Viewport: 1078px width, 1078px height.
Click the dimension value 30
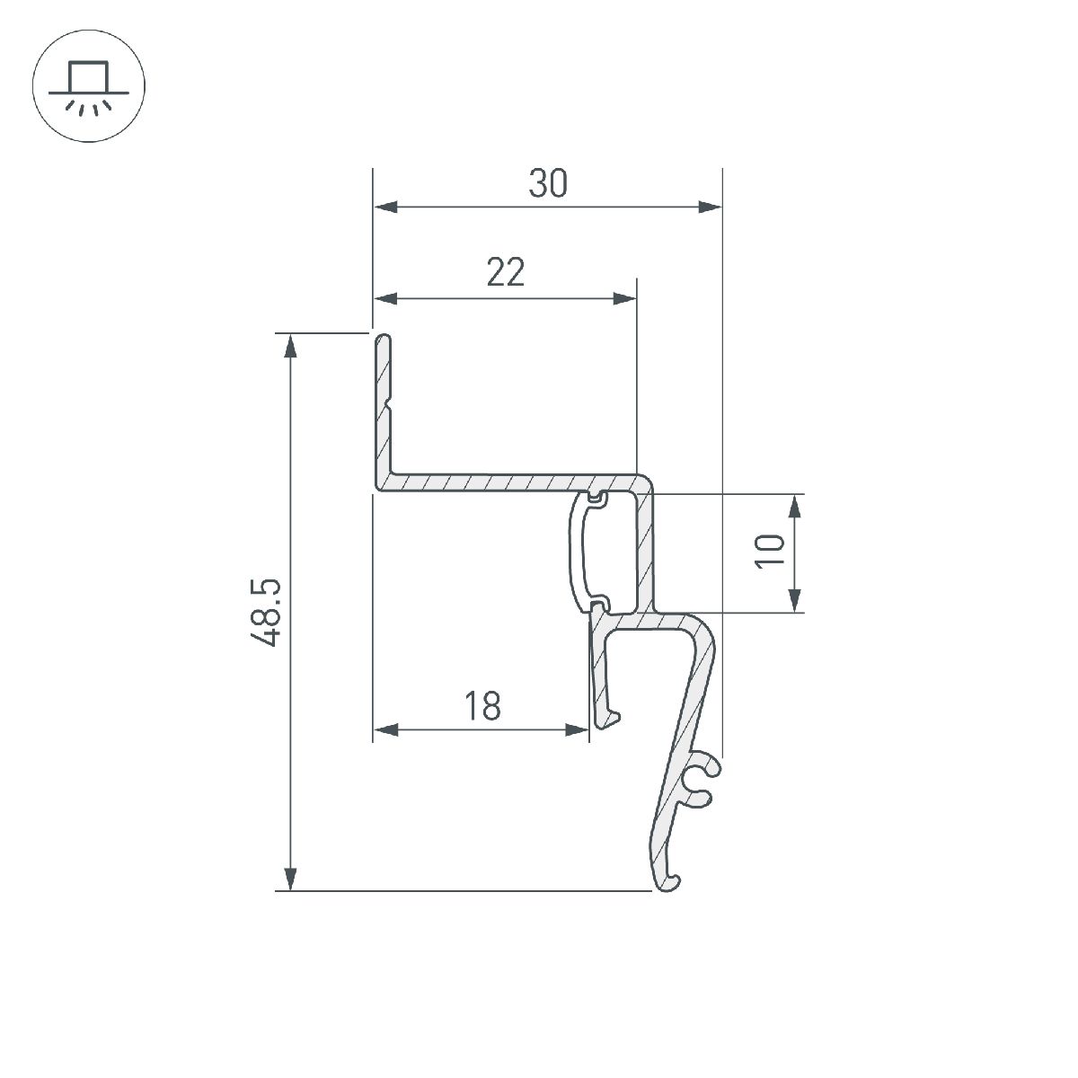[548, 184]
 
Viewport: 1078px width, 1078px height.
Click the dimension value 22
[505, 272]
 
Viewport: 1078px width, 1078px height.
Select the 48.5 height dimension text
[267, 613]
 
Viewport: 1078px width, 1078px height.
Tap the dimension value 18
[482, 706]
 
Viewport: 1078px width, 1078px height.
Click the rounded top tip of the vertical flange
[384, 339]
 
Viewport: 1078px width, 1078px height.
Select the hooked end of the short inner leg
[609, 718]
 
